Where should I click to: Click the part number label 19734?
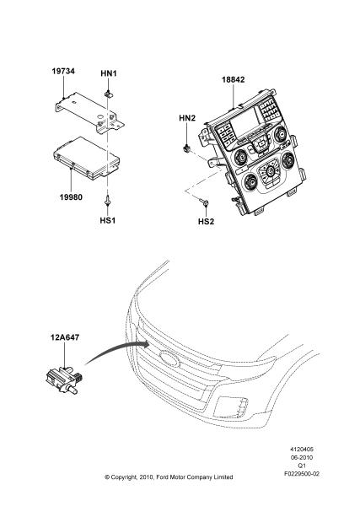click(x=63, y=71)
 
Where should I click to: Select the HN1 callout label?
click(x=109, y=73)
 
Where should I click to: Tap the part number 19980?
click(x=71, y=196)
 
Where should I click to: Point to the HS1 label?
click(x=107, y=220)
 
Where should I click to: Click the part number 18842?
click(x=234, y=79)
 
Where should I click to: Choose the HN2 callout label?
click(x=187, y=118)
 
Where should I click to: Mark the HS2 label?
click(x=206, y=222)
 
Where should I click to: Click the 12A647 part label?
click(x=65, y=337)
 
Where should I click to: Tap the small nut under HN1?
click(x=109, y=94)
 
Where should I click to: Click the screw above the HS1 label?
click(x=107, y=201)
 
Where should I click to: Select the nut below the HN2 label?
click(x=186, y=148)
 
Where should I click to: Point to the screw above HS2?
click(x=204, y=202)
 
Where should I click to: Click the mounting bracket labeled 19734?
click(x=89, y=112)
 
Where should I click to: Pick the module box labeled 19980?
click(x=87, y=158)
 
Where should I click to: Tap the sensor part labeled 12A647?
click(x=65, y=379)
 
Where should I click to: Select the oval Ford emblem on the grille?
click(x=169, y=358)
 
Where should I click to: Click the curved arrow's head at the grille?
click(x=147, y=344)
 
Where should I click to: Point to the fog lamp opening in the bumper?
click(x=232, y=406)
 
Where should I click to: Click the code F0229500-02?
click(x=302, y=474)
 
